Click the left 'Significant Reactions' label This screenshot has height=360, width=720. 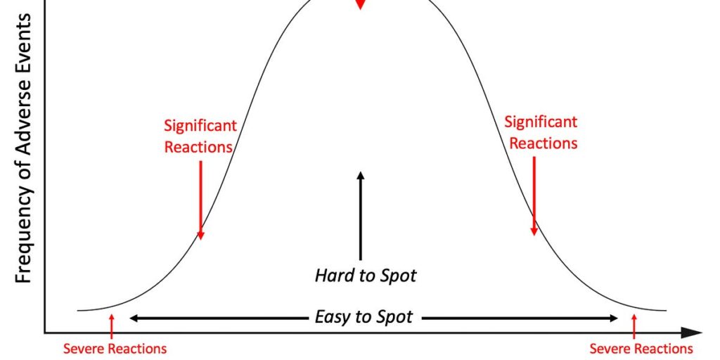point(200,136)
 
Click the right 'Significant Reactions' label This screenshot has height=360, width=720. point(541,133)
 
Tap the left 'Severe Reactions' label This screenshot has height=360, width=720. point(115,349)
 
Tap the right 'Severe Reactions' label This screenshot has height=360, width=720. point(641,349)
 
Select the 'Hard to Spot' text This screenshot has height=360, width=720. point(366,276)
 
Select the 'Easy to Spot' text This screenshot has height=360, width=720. point(364,317)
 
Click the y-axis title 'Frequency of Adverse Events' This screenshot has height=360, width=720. point(23,148)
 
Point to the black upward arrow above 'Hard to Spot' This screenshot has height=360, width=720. point(361,216)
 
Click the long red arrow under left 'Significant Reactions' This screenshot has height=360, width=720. point(200,200)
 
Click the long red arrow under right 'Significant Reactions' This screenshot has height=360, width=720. point(534,196)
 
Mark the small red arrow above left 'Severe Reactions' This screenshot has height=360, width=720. point(111,327)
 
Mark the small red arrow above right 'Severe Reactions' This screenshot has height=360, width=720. point(634,327)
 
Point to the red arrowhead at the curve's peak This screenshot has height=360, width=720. point(361,4)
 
